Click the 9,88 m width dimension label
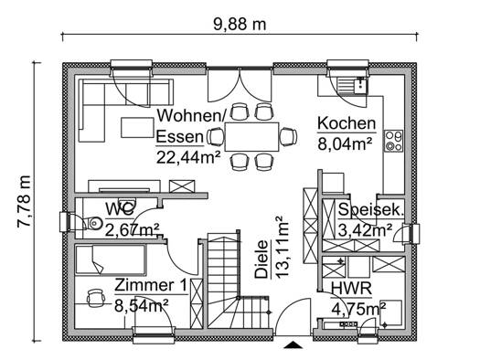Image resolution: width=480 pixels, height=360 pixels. (240, 25)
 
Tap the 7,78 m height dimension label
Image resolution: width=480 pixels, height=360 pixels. (25, 201)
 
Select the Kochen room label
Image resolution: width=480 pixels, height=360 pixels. (347, 123)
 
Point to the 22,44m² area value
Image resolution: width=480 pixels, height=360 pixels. (188, 157)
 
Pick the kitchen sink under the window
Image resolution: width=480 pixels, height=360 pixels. (352, 85)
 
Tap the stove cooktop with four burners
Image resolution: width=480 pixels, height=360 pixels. (394, 141)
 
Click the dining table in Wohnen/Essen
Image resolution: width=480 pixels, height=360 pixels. (252, 137)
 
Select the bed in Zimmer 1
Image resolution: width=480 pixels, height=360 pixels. (111, 259)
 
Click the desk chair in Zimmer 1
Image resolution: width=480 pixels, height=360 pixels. (95, 298)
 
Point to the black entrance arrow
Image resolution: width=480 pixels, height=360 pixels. (293, 344)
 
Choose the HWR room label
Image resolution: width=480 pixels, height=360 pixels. (351, 289)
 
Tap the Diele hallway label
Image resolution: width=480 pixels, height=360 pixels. (261, 259)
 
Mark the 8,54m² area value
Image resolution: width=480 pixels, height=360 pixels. (142, 305)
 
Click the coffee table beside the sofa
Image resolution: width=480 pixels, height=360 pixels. (137, 128)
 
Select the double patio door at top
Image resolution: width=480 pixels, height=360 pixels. (240, 85)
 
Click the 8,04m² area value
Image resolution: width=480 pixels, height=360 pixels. (345, 143)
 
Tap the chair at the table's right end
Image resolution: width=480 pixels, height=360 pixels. (288, 137)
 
